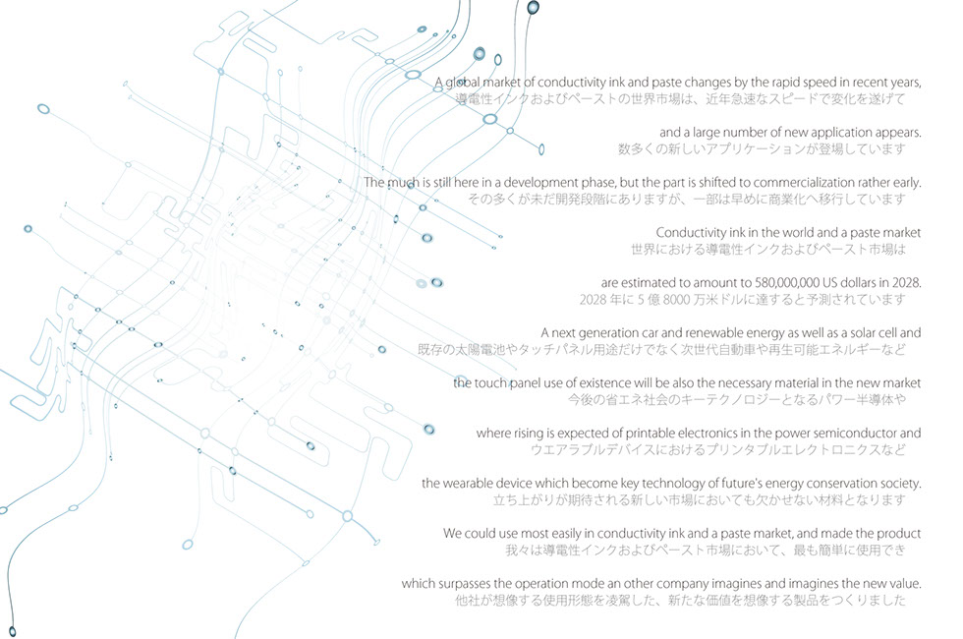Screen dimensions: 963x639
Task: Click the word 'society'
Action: [x=901, y=484]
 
